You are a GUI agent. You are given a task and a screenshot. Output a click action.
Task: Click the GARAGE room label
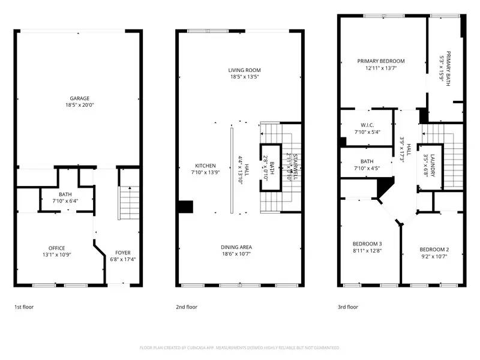(x=79, y=98)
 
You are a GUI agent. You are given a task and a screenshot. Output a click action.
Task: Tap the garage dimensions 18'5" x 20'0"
(x=79, y=106)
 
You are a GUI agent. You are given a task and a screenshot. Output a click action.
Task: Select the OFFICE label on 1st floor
(x=56, y=248)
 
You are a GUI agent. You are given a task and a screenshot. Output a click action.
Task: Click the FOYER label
(x=122, y=253)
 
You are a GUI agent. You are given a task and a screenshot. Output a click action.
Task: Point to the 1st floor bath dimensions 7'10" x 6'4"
(x=65, y=201)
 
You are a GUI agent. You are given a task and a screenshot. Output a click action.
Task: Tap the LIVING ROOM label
(x=244, y=70)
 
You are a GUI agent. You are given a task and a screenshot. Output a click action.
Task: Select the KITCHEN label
(x=205, y=166)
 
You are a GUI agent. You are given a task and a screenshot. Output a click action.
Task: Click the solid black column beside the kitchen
(x=185, y=206)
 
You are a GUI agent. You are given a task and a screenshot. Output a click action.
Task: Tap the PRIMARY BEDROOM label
(x=381, y=61)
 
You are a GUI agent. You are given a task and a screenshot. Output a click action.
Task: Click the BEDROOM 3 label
(x=367, y=244)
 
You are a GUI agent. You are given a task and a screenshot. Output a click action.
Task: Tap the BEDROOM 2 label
(x=434, y=250)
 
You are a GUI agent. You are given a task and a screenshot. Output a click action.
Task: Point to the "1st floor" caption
(x=24, y=307)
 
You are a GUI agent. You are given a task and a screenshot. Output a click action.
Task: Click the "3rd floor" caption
(x=348, y=307)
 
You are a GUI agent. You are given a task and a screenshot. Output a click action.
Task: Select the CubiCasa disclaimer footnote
(x=240, y=347)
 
